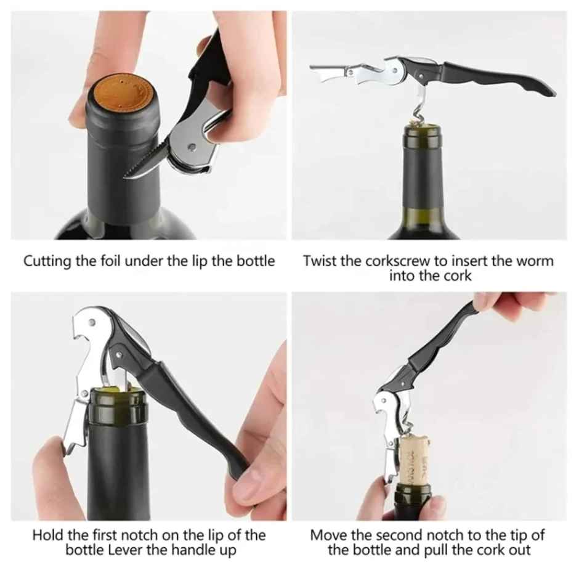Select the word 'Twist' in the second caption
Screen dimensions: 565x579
tap(320, 261)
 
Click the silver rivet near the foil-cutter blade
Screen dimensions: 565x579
tap(192, 147)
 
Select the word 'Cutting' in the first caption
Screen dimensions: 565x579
tap(47, 261)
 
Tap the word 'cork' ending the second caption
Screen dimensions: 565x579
tap(458, 275)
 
